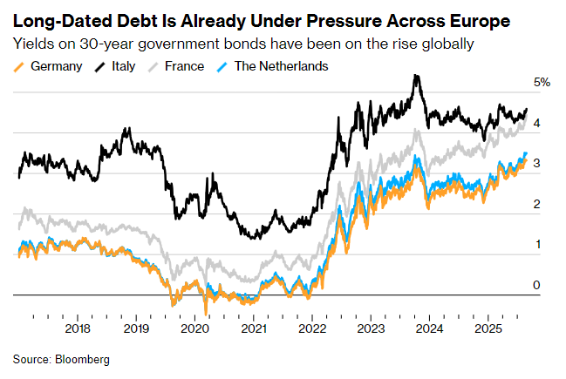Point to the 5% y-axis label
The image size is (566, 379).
pyautogui.click(x=542, y=83)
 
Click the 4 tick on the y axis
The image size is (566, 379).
pyautogui.click(x=537, y=124)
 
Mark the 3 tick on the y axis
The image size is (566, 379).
pyautogui.click(x=537, y=164)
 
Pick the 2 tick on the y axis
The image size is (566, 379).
pyautogui.click(x=537, y=204)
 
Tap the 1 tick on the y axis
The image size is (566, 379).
pyautogui.click(x=537, y=245)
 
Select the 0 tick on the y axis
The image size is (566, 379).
pyautogui.click(x=537, y=285)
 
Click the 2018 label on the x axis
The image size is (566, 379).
pyautogui.click(x=78, y=328)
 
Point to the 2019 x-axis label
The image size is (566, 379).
pyautogui.click(x=136, y=328)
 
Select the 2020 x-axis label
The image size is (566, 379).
pyautogui.click(x=194, y=328)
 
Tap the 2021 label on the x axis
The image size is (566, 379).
pyautogui.click(x=253, y=328)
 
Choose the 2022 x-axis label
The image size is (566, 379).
pyautogui.click(x=311, y=328)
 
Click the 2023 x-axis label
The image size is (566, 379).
pyautogui.click(x=370, y=328)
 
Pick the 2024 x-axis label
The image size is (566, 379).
pyautogui.click(x=428, y=328)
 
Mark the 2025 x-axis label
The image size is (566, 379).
pyautogui.click(x=487, y=328)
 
